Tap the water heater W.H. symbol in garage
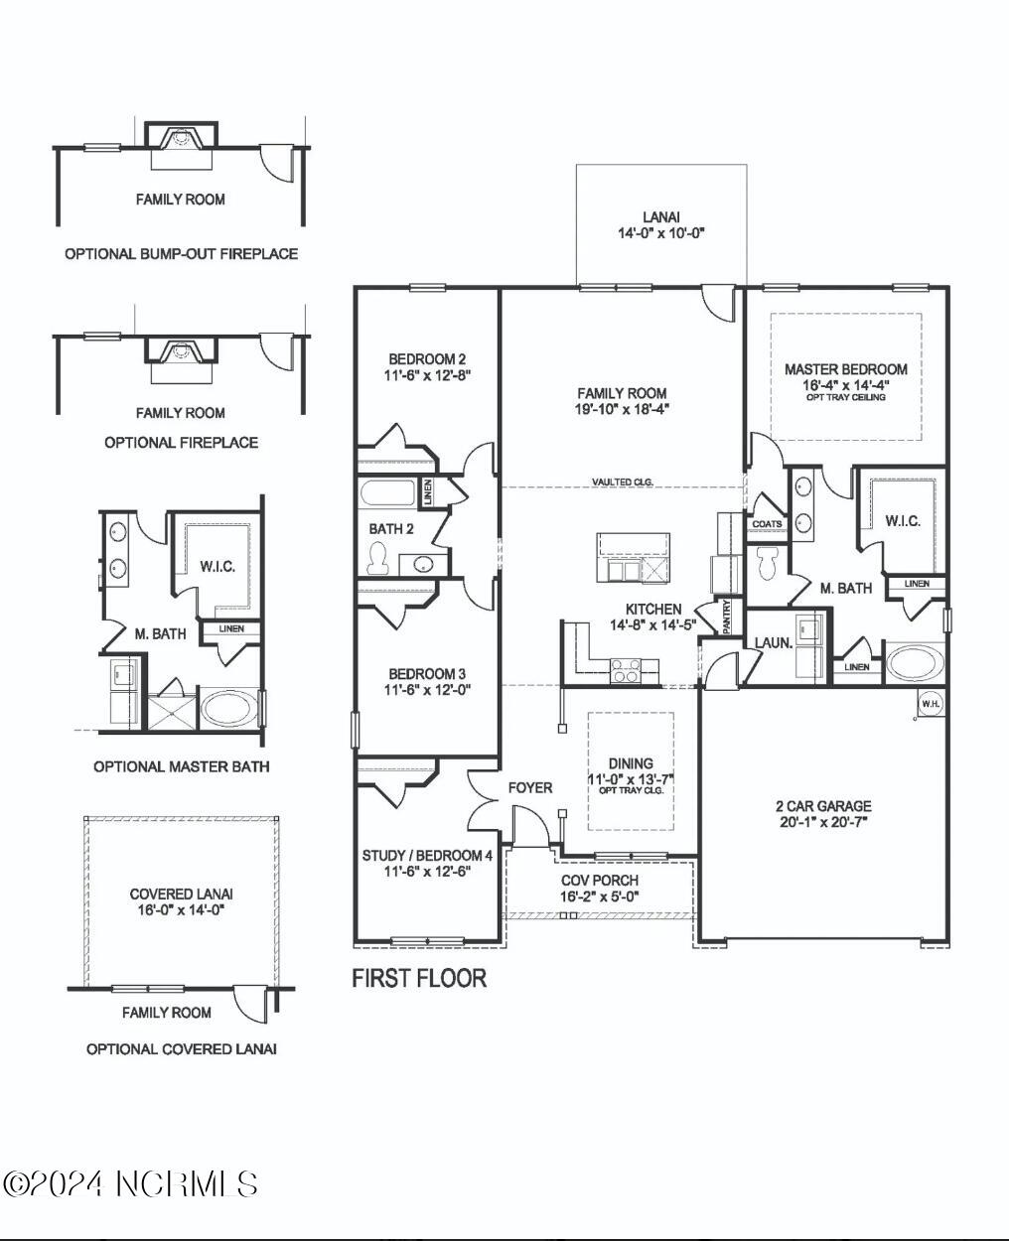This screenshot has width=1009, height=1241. pos(931,704)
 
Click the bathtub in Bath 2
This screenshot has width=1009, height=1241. pos(390,493)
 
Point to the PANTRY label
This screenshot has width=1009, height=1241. pos(727,616)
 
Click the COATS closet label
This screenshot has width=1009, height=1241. pos(767,523)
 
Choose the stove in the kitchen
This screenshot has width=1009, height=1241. pos(626,673)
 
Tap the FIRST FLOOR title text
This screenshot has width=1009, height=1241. pos(419,978)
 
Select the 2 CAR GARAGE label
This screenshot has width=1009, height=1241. pos(823,806)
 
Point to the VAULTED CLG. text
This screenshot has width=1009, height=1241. pos(623,482)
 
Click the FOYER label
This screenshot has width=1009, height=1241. pos(530,787)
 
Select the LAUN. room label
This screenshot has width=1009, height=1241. pos(773,642)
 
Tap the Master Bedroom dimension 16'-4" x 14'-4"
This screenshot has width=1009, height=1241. pos(845,383)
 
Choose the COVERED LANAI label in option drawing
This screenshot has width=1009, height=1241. pos(182,894)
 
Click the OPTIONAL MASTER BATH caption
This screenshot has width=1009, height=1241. pos(181,766)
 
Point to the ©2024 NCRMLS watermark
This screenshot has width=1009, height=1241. pos(131,1183)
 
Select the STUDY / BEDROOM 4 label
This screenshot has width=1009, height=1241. pos(427,856)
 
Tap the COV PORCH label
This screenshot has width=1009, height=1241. pos(600,880)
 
